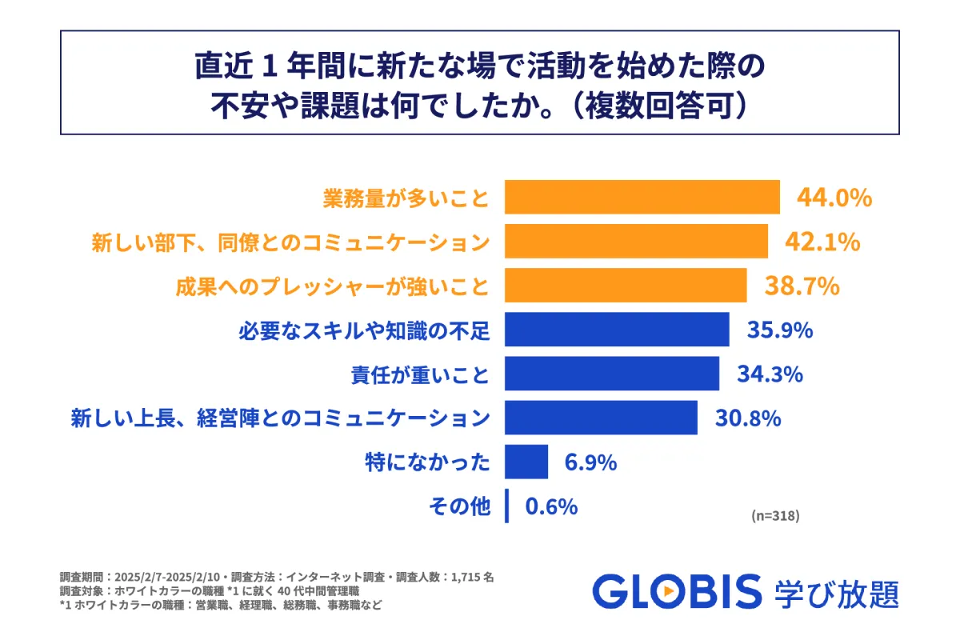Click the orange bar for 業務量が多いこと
[642, 198]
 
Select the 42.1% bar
[636, 242]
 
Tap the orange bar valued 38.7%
[626, 286]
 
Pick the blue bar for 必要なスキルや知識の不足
[617, 330]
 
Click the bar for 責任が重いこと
[612, 374]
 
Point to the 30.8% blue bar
[601, 418]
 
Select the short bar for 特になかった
[526, 462]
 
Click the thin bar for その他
[506, 506]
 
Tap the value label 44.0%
[833, 198]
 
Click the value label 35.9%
[780, 330]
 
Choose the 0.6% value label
[551, 506]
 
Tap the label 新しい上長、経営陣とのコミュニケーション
[279, 418]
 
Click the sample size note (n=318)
[775, 516]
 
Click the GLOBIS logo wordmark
[677, 592]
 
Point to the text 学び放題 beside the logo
[837, 593]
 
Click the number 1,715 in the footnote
[474, 577]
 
